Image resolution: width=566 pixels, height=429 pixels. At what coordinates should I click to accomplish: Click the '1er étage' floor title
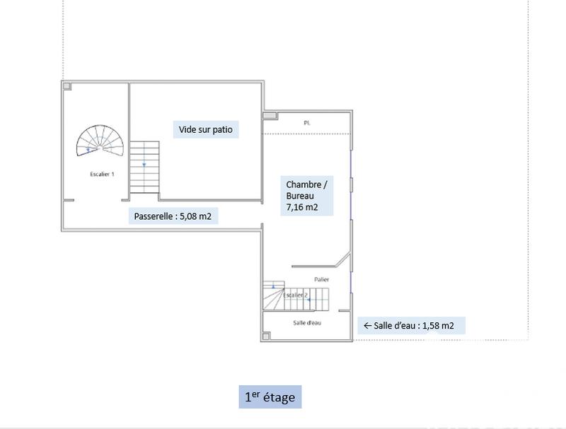tap(270, 397)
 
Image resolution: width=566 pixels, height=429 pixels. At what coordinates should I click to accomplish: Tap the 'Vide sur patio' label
tap(205, 130)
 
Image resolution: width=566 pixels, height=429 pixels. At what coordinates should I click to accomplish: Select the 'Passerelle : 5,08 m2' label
tap(173, 216)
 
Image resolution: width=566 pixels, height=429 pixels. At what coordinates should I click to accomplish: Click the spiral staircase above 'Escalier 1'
tap(100, 142)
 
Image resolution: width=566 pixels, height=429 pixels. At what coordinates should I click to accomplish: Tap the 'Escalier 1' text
tap(102, 174)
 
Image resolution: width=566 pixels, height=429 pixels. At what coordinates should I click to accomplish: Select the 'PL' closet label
tap(307, 123)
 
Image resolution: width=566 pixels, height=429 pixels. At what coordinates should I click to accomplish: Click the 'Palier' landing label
tap(322, 280)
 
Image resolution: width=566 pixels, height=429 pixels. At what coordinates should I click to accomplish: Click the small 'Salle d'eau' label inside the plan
tap(307, 322)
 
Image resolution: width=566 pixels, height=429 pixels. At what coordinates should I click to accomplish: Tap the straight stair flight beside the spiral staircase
tap(144, 167)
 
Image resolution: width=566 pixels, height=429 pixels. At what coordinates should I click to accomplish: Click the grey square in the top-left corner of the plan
tap(67, 86)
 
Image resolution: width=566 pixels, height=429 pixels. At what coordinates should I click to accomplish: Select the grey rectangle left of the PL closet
tap(270, 116)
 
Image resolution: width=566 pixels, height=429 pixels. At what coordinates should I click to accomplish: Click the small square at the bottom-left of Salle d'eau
tap(266, 336)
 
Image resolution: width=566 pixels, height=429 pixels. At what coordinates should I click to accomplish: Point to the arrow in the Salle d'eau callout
tap(367, 326)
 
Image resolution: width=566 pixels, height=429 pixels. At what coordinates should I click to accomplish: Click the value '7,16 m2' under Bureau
tap(301, 208)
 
